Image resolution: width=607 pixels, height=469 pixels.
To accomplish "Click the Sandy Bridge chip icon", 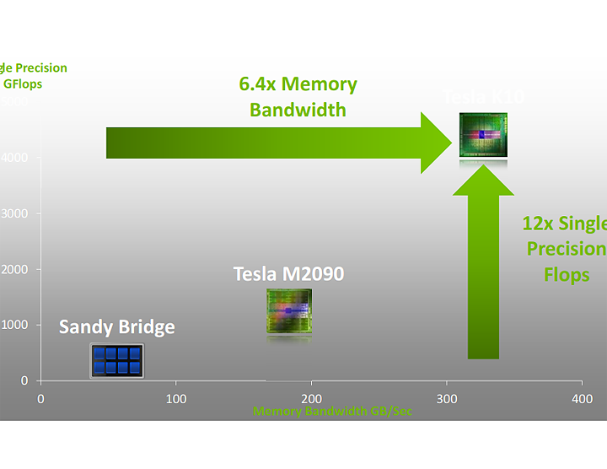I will click(116, 360).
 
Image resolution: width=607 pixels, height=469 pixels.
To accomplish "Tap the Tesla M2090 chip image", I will click(288, 311).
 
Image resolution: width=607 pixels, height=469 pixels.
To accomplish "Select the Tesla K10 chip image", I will click(483, 135).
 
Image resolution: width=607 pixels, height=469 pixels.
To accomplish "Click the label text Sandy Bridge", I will click(116, 326).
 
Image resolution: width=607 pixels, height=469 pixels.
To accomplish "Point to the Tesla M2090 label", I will click(288, 274).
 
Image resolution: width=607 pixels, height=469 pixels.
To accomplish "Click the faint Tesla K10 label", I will click(484, 97).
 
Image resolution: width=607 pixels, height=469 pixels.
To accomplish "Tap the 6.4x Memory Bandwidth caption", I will click(298, 97).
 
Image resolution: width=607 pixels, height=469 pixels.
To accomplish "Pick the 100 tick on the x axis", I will click(175, 398).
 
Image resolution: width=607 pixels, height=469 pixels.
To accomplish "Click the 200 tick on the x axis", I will click(311, 398).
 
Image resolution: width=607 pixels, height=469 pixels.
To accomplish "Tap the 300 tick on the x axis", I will click(446, 398).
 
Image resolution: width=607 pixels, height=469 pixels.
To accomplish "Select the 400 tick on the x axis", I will click(581, 398).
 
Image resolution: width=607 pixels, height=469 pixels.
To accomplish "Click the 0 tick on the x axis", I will click(40, 398).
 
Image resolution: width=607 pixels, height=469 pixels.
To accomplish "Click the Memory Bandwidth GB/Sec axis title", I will click(332, 412).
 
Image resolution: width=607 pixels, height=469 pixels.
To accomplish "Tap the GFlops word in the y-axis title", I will click(22, 84).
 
